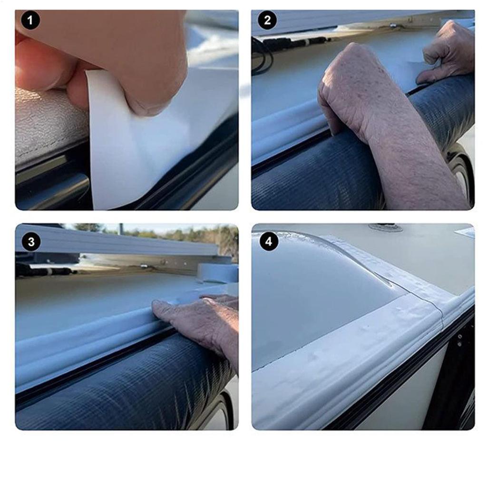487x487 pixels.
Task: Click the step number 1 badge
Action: point(31,21)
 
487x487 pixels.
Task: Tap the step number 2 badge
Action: point(267,21)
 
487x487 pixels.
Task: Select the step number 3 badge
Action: point(31,242)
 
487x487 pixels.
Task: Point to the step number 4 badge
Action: point(268,242)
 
